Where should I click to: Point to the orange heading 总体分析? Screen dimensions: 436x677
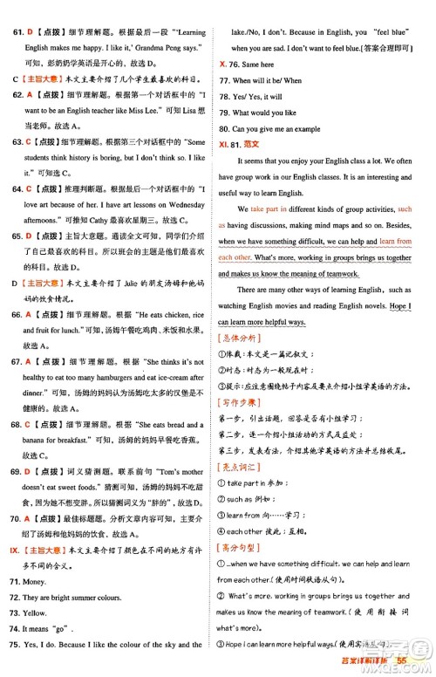(x=241, y=338)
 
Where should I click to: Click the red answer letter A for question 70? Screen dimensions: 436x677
(x=30, y=518)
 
